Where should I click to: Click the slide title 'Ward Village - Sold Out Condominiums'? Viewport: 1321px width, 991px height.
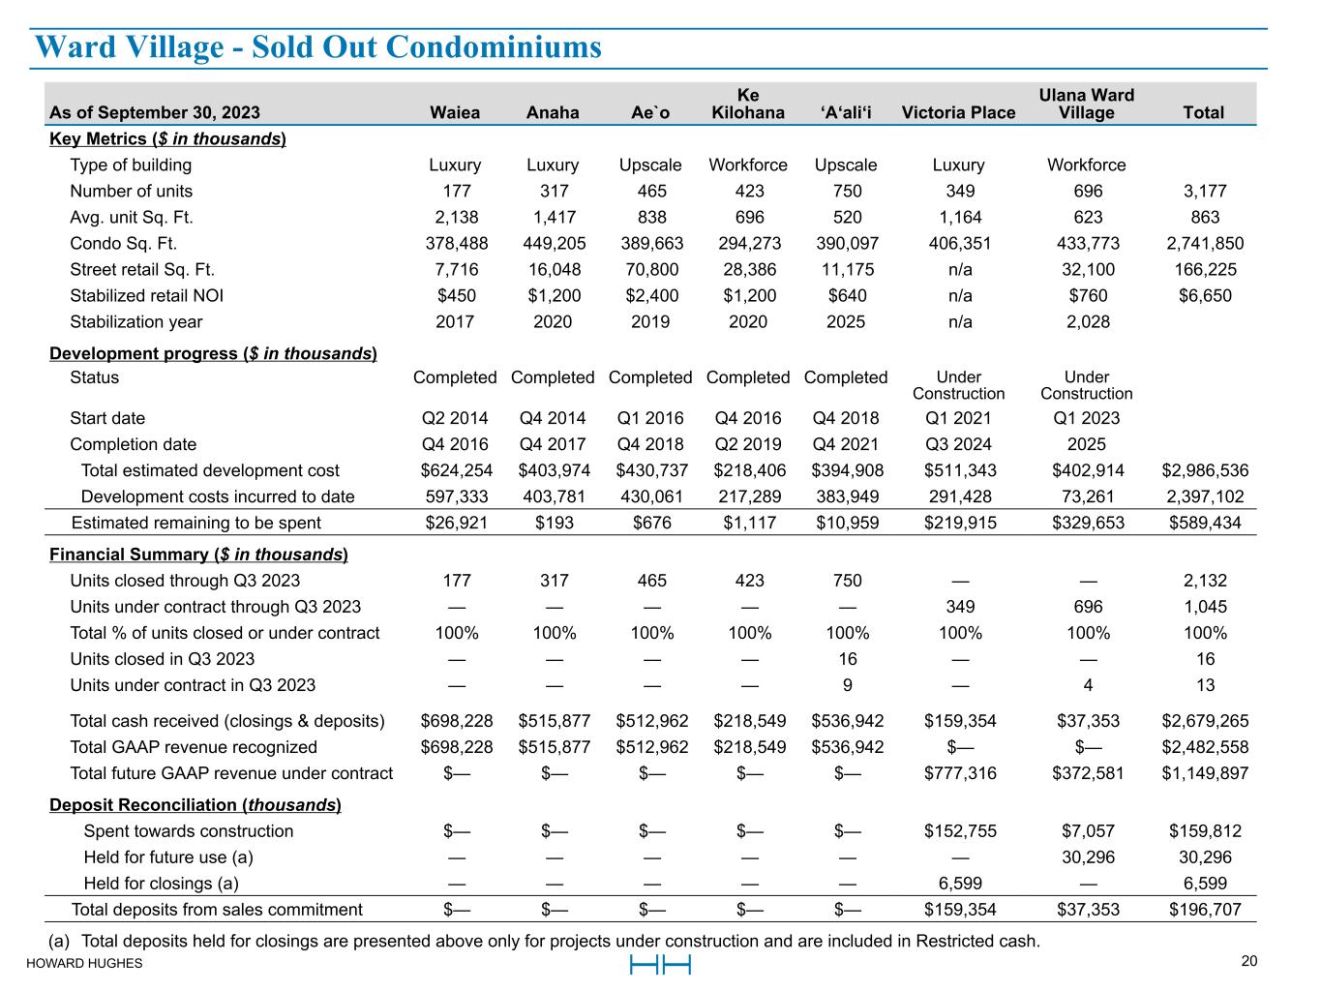tap(317, 47)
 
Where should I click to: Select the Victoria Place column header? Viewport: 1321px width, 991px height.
tap(958, 112)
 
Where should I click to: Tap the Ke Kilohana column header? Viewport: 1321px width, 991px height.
tap(747, 104)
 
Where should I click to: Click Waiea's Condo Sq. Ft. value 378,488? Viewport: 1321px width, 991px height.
tap(455, 244)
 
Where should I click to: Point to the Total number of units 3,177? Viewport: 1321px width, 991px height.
tap(1205, 192)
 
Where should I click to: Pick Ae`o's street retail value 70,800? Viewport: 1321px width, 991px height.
tap(650, 270)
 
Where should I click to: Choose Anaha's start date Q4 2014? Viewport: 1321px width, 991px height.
tap(553, 418)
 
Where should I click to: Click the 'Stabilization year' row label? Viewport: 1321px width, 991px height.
tap(136, 322)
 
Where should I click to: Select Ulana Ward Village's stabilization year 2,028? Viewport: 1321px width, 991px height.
tap(1088, 322)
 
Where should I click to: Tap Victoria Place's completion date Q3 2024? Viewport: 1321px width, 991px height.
tap(958, 444)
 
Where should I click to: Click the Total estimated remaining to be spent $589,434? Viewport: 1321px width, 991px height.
tap(1205, 523)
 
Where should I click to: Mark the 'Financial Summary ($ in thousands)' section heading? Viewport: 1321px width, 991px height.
tap(198, 555)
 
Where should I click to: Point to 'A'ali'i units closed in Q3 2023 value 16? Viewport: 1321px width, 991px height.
tap(846, 659)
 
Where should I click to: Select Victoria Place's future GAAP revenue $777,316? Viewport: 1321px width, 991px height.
tap(960, 773)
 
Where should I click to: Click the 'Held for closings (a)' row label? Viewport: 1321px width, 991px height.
tap(162, 884)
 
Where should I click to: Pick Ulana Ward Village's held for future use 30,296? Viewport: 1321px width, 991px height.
tap(1088, 857)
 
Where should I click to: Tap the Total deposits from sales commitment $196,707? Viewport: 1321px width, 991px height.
tap(1205, 910)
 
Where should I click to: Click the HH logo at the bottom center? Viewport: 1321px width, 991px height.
tap(660, 965)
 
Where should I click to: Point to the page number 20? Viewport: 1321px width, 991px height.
tap(1249, 961)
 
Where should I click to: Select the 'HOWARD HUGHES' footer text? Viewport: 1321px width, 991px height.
tap(84, 963)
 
